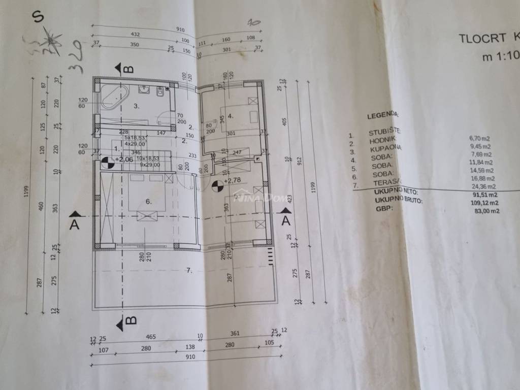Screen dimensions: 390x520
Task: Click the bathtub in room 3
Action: tap(115, 96)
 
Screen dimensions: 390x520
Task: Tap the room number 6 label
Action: tap(148, 202)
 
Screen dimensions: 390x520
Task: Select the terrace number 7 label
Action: tap(189, 270)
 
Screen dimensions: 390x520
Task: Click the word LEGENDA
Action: tap(382, 116)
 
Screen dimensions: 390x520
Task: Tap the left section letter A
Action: tap(75, 225)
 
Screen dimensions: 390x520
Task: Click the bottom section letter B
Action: tap(131, 320)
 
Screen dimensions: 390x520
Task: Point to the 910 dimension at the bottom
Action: tap(190, 357)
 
